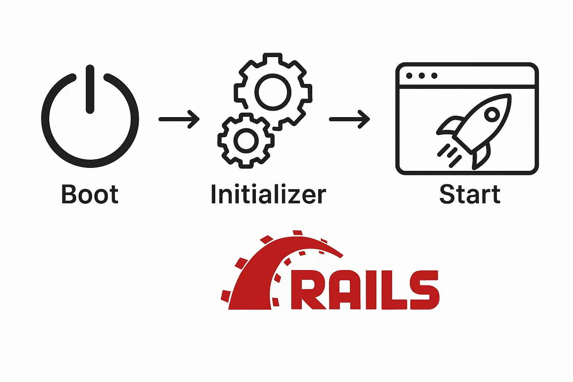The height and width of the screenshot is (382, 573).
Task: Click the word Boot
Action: click(90, 194)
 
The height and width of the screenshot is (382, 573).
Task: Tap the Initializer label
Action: click(268, 194)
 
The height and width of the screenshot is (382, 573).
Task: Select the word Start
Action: click(470, 194)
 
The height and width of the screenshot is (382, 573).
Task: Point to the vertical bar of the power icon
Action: click(90, 89)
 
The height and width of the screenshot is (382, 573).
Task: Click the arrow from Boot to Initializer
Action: click(179, 119)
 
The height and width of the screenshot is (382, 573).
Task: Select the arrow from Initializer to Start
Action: click(350, 119)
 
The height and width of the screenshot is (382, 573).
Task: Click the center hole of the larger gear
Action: click(273, 92)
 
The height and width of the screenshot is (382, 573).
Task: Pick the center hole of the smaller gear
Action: click(246, 141)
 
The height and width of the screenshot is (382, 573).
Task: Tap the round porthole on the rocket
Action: click(492, 114)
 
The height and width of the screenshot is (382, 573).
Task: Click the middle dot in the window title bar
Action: click(422, 76)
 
